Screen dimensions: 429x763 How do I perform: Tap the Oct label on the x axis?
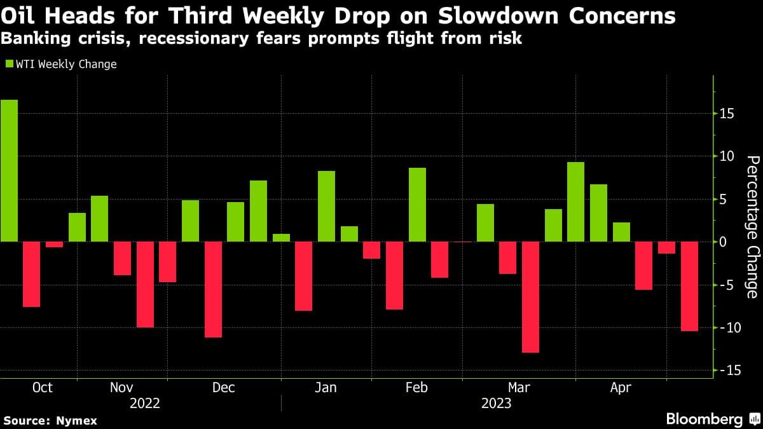coord(43,388)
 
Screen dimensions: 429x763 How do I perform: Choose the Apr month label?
coord(621,388)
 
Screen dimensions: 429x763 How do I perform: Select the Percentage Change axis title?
coord(752,226)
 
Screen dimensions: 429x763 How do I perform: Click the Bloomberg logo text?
coord(704,419)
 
